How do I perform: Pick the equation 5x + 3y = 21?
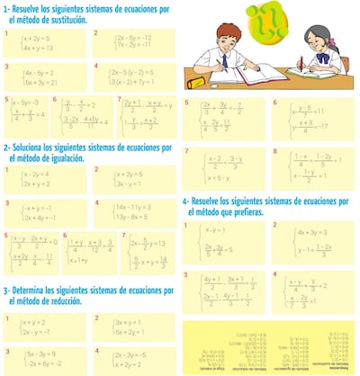[40, 81]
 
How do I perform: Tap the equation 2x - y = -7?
[39, 332]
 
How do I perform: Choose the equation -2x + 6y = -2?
[40, 363]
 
